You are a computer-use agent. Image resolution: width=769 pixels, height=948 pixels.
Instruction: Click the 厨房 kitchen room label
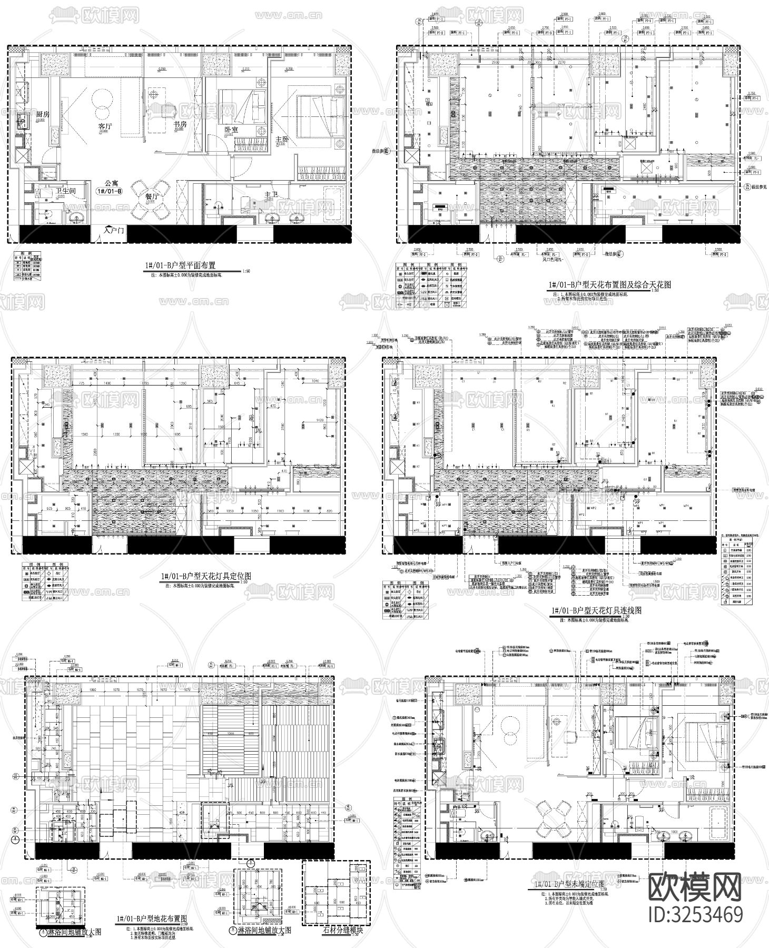point(42,114)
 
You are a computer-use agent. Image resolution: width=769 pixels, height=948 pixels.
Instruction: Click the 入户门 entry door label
point(114,230)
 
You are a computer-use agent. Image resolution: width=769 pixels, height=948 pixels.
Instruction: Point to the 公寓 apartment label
point(111,183)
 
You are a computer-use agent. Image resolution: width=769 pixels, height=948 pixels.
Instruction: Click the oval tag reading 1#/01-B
point(109,192)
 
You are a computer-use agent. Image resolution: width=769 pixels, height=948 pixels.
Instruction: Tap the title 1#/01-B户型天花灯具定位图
point(205,577)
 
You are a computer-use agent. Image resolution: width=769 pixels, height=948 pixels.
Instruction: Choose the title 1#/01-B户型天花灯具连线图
point(595,610)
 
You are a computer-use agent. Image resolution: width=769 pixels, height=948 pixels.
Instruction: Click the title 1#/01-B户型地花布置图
point(159,919)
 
